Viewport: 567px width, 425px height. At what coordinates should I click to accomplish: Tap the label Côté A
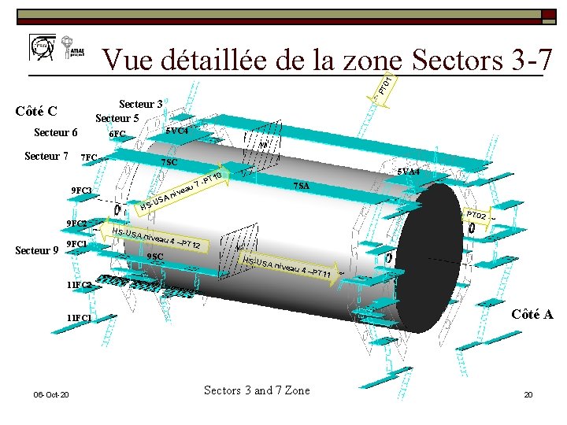point(532,314)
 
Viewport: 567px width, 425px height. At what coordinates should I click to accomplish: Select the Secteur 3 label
point(140,104)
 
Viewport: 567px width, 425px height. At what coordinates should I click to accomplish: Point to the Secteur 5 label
point(117,119)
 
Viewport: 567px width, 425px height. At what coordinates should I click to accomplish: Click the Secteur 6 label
point(55,133)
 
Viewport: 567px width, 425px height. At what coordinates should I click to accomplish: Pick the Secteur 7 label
point(46,156)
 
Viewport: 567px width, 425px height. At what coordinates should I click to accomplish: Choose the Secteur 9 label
point(37,251)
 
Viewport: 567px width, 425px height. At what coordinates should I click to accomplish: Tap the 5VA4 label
point(408,171)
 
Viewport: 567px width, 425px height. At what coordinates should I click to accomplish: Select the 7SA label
point(301,186)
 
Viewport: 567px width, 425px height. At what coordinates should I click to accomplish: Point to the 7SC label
point(169,162)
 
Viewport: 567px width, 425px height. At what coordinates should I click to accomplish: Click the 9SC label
point(155,257)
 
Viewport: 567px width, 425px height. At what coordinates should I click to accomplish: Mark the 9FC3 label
point(81,191)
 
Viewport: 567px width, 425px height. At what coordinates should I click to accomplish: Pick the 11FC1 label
point(79,318)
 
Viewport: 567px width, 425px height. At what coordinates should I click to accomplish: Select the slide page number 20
point(528,394)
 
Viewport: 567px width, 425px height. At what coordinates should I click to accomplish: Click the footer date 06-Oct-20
point(51,394)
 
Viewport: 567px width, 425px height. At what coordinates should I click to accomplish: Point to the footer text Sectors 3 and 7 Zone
point(257,390)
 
